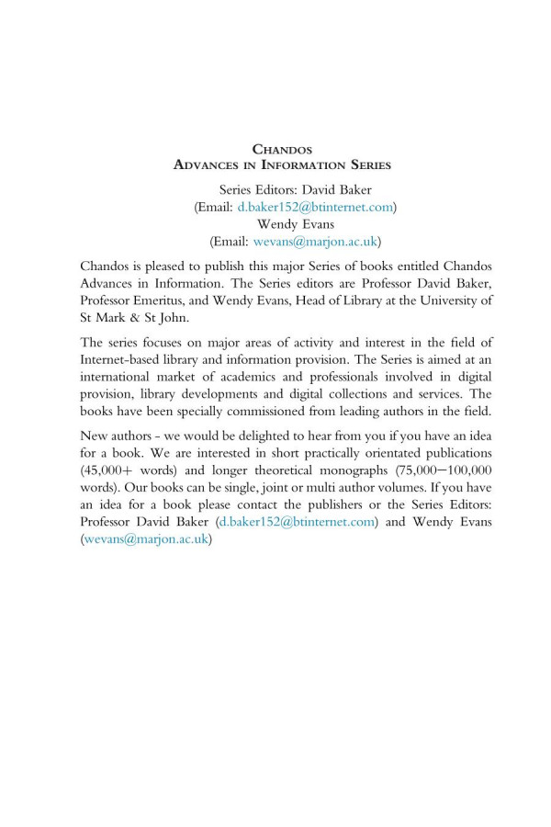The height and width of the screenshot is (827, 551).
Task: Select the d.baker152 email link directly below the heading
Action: point(315,209)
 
